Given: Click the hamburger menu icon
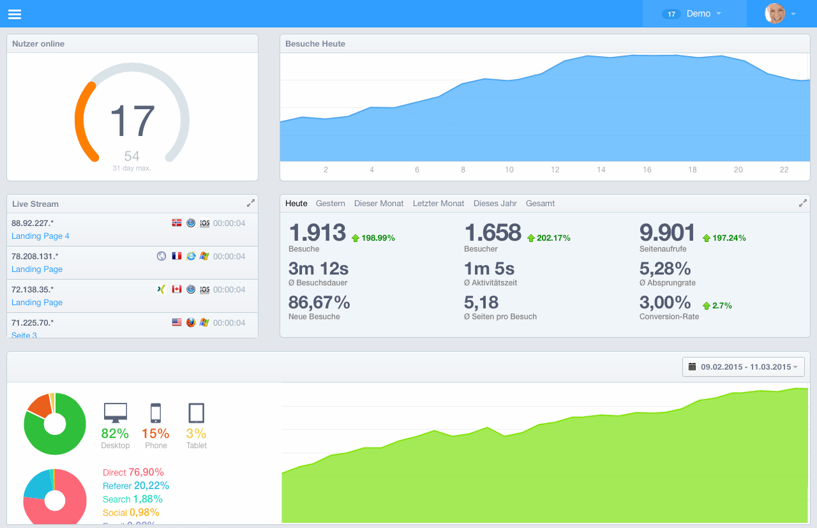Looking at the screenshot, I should (x=15, y=14).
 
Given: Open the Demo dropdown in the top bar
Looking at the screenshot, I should (x=694, y=13).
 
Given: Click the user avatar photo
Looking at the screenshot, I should (x=775, y=13).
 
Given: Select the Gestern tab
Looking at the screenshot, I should (x=331, y=204).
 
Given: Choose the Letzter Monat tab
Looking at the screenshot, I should (x=438, y=204).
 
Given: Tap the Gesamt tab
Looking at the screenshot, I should (x=540, y=204).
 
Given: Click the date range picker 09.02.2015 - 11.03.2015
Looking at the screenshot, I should (x=744, y=367).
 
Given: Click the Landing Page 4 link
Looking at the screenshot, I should (x=40, y=236).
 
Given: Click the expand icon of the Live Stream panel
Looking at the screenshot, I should (x=251, y=203).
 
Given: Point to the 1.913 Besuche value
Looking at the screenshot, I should (x=317, y=233).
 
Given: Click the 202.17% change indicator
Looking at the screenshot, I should (x=548, y=238).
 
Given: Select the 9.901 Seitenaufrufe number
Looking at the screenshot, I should (x=667, y=233).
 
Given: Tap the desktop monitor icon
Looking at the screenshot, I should (x=116, y=413).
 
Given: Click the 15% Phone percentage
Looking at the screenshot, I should (x=156, y=434).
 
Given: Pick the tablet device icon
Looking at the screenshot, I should (x=197, y=413).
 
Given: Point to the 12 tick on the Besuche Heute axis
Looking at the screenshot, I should (x=555, y=170).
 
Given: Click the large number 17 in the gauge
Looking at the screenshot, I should (x=132, y=121).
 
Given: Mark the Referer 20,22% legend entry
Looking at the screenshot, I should (x=136, y=486).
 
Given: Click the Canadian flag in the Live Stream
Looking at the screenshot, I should (x=177, y=289).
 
